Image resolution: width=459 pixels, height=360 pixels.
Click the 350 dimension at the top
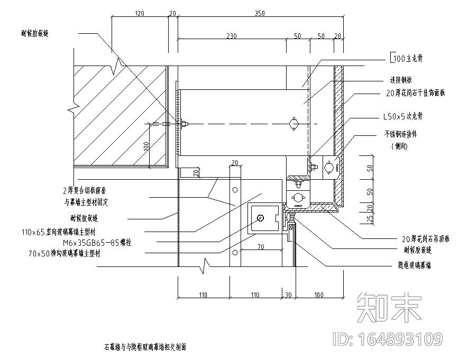click(x=259, y=13)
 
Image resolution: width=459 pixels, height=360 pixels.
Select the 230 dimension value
click(x=231, y=36)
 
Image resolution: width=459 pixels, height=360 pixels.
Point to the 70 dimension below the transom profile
click(x=261, y=246)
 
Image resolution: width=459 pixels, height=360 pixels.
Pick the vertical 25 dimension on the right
click(x=370, y=217)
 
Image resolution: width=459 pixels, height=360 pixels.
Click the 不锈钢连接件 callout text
click(x=403, y=135)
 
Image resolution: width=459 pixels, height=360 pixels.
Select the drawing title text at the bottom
click(x=145, y=347)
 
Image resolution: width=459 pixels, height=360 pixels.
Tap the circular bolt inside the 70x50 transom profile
click(x=259, y=218)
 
